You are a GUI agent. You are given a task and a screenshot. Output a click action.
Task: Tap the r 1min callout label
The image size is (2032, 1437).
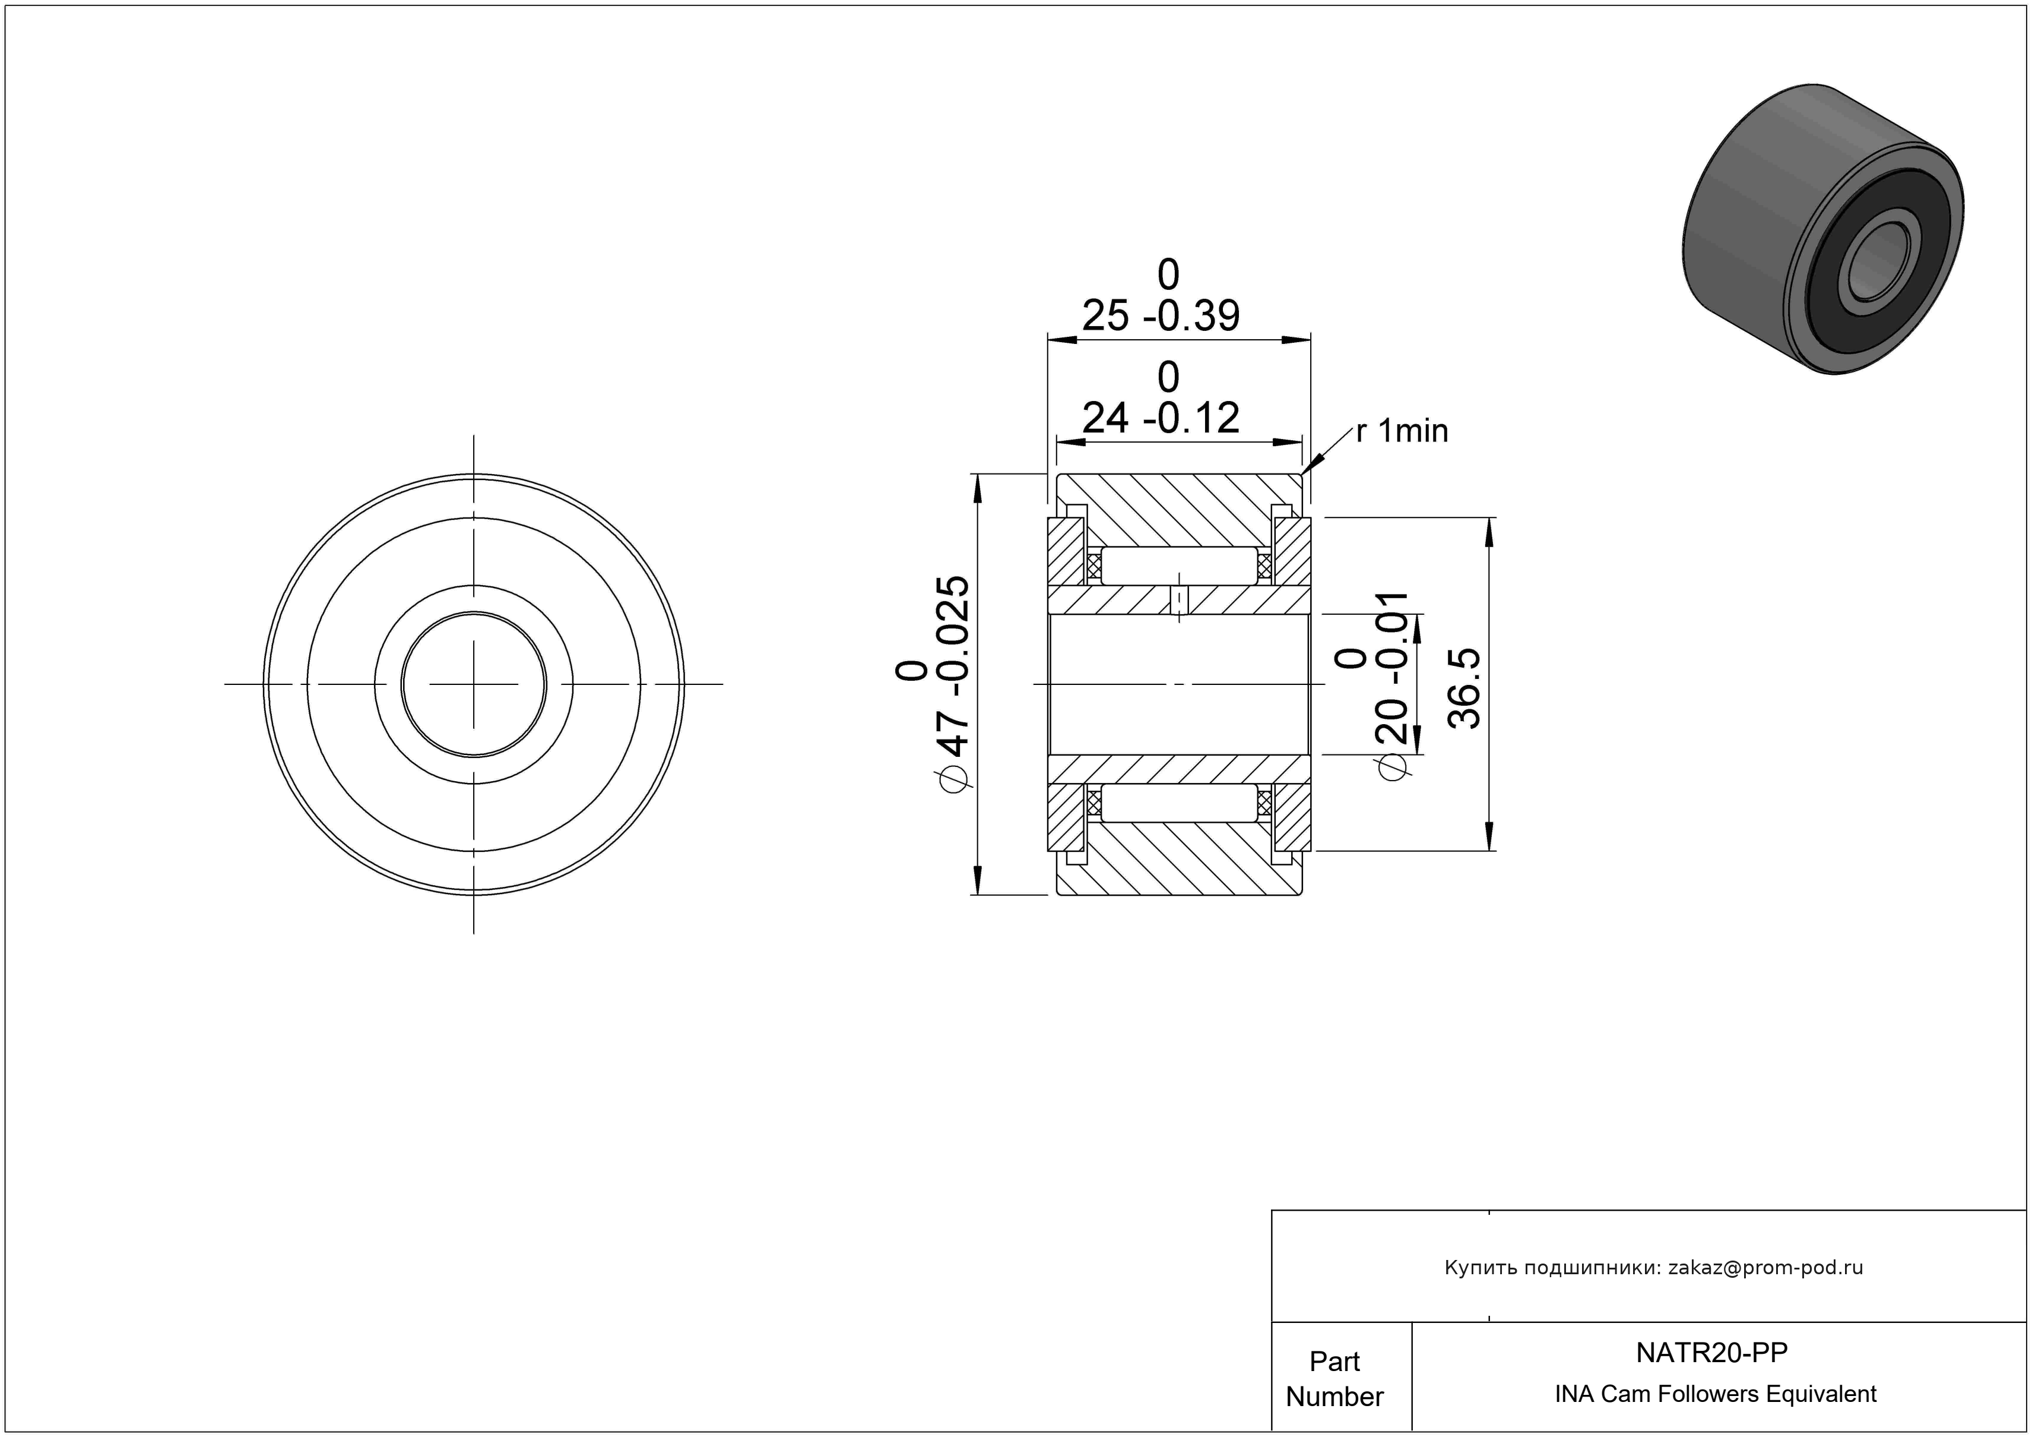click(1402, 431)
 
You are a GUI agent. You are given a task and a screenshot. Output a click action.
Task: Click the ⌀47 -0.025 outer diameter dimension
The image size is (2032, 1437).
click(934, 681)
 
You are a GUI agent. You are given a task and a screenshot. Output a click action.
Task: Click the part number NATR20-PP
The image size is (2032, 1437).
click(1711, 1352)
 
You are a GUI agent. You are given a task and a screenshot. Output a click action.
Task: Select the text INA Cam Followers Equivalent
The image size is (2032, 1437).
click(1715, 1394)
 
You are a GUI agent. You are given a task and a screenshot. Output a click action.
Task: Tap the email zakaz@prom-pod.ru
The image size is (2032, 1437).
click(1765, 1268)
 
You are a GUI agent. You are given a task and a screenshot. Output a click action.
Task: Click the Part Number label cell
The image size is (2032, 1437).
click(1334, 1379)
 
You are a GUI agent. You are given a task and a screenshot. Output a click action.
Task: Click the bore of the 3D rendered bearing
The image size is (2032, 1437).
click(1875, 263)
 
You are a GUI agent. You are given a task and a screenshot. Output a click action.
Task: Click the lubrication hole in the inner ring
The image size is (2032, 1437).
click(1179, 601)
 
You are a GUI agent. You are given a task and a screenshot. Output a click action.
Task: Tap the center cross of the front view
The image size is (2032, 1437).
click(474, 684)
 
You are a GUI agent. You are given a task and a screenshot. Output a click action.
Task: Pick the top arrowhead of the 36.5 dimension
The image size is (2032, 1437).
click(1489, 530)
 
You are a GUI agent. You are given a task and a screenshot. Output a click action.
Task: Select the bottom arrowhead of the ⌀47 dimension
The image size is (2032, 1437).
click(978, 881)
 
